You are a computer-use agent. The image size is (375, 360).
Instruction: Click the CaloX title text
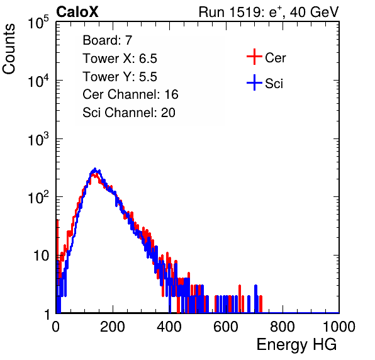(77, 12)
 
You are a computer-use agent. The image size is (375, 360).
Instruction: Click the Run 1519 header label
(269, 12)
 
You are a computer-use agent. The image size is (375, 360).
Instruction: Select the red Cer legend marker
(254, 57)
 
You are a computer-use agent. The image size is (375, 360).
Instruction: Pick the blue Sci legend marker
(254, 82)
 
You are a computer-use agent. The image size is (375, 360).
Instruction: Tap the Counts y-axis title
(9, 49)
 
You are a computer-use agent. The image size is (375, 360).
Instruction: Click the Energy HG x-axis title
(296, 345)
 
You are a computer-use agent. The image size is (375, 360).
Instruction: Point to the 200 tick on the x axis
(113, 327)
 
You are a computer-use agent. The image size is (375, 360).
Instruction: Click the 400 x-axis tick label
(169, 327)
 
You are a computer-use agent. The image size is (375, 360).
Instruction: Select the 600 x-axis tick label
(226, 327)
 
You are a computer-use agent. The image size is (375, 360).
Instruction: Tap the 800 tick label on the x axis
(283, 327)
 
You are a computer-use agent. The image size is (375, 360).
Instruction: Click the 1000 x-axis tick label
(339, 327)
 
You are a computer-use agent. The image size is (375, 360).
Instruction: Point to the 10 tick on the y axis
(41, 256)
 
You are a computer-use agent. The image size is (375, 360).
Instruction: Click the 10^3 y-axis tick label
(38, 138)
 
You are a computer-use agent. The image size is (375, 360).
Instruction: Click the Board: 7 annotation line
(108, 40)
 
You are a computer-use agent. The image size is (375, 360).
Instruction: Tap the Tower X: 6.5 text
(120, 59)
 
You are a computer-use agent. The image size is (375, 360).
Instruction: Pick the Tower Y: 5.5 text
(120, 77)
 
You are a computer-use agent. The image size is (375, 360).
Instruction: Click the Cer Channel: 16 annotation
(130, 94)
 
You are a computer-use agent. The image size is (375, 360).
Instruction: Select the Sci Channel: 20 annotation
(129, 113)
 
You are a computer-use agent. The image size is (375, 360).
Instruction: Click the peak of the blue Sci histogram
(95, 169)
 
